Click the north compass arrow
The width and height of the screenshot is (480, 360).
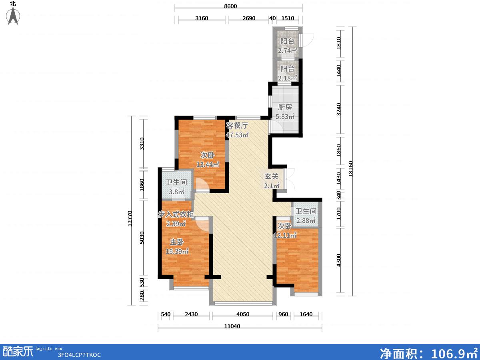pos(13,16)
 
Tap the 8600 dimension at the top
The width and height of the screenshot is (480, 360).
pos(230,6)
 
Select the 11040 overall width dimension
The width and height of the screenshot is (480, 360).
pos(232,326)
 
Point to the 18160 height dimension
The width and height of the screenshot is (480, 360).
pos(350,169)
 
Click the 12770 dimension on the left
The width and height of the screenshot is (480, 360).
pos(130,218)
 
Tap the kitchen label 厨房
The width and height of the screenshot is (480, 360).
pos(285,107)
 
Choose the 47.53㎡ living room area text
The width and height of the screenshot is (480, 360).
pos(237,135)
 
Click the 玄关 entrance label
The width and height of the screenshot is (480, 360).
pos(272,176)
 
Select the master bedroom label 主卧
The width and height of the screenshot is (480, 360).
pos(177,242)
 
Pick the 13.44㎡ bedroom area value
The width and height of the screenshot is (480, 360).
pos(208,164)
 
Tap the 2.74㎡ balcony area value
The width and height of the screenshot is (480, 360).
pos(287,50)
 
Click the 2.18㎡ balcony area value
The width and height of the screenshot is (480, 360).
pos(287,78)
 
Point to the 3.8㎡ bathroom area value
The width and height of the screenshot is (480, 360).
pos(176,192)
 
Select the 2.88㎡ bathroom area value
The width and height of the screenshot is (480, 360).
pos(306,220)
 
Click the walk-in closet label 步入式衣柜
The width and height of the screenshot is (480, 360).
pos(176,214)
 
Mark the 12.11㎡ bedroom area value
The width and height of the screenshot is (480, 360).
pos(285,235)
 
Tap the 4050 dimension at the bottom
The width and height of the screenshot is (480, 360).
pos(243,314)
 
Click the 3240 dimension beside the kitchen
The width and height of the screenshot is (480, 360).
pos(338,109)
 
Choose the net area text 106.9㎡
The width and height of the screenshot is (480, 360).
pos(454,353)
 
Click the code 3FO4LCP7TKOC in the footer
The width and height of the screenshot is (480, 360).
pos(79,355)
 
